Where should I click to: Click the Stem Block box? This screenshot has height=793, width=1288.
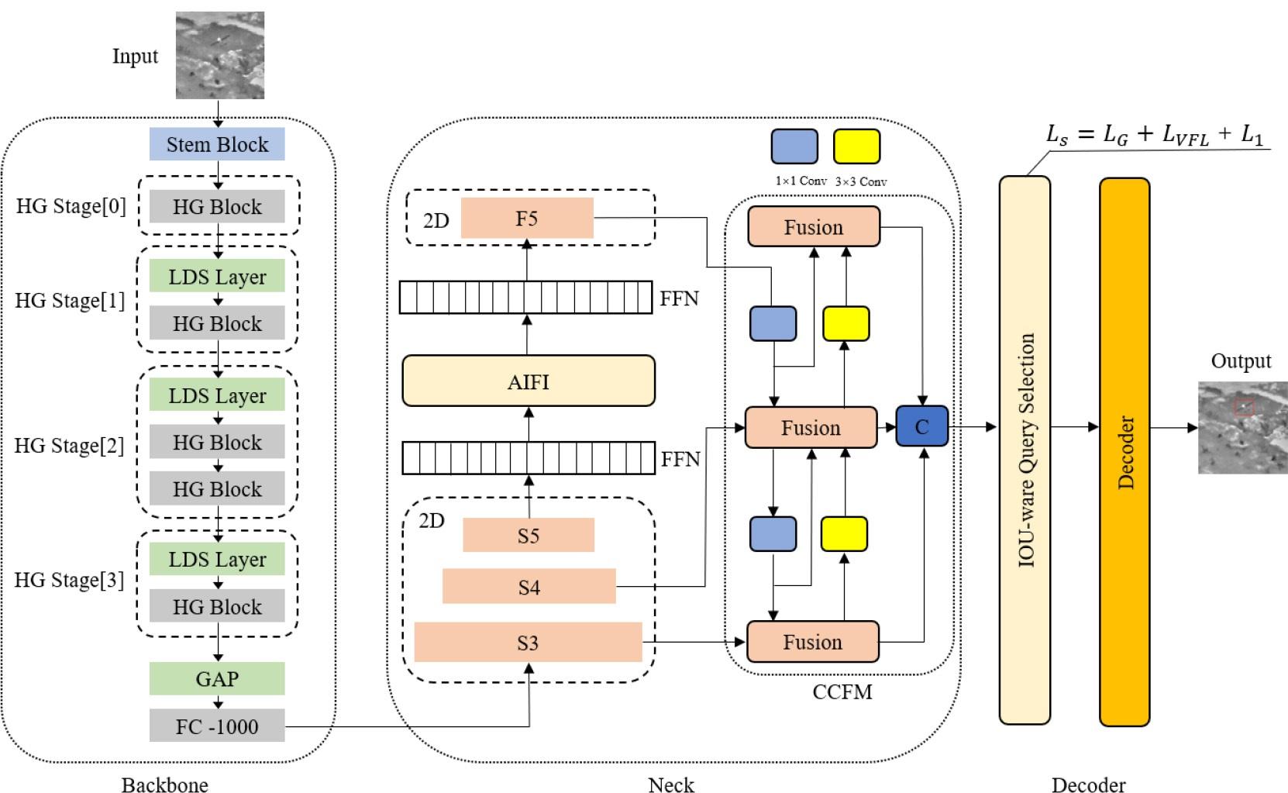[x=217, y=144]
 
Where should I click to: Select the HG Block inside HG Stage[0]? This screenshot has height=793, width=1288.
[x=217, y=207]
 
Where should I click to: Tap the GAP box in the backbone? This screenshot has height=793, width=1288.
[x=217, y=679]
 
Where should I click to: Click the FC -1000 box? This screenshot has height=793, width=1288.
[x=217, y=726]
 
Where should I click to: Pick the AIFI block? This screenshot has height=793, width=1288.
[x=529, y=381]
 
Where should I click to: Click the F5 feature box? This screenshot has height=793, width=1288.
[x=527, y=219]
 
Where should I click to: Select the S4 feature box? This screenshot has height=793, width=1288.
[x=529, y=587]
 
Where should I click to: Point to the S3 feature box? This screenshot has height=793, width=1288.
[x=528, y=643]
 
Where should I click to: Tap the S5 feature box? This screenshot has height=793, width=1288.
[x=529, y=536]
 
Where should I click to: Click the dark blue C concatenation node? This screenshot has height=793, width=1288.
[x=921, y=426]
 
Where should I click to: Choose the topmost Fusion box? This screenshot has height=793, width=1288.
[x=813, y=227]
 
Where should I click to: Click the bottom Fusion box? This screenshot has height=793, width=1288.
[x=812, y=642]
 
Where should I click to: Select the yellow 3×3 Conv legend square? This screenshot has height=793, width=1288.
[x=856, y=147]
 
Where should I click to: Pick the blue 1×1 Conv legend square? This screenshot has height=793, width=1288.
[x=794, y=147]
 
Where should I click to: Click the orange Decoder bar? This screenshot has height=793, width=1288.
[x=1124, y=452]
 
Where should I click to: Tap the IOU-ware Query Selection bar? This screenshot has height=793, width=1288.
[x=1025, y=450]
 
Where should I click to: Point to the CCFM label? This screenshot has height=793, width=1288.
[x=842, y=691]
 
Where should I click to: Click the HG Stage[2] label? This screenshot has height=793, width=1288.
[x=69, y=446]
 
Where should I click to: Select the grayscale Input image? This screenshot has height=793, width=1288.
[x=220, y=55]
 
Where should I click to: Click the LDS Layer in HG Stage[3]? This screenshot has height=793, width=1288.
[x=217, y=560]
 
